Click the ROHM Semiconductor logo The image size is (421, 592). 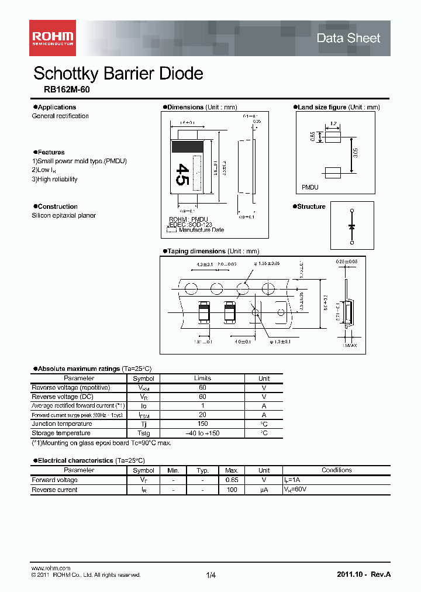coord(53,38)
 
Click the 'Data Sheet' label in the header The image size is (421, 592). coord(348,39)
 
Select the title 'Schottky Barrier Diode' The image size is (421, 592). coord(118,74)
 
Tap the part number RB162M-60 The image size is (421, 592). coord(67,91)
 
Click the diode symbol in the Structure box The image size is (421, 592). coord(351,225)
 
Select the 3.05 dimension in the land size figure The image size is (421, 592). coord(356,153)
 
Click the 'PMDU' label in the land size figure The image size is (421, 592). coord(310,187)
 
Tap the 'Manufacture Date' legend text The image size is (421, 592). coord(201,230)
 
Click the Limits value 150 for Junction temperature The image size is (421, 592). coord(203,424)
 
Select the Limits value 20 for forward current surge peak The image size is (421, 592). coord(203,415)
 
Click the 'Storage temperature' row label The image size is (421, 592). coord(61,433)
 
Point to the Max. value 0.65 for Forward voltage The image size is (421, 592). coord(232,480)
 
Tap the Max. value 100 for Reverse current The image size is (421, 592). coord(232,490)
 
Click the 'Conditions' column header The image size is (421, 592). coord(337,470)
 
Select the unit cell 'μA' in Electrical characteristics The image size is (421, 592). coord(264,490)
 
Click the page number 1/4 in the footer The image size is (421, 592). coord(211,576)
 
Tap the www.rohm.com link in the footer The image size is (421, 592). coord(50,568)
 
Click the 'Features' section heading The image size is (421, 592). coord(51,152)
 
